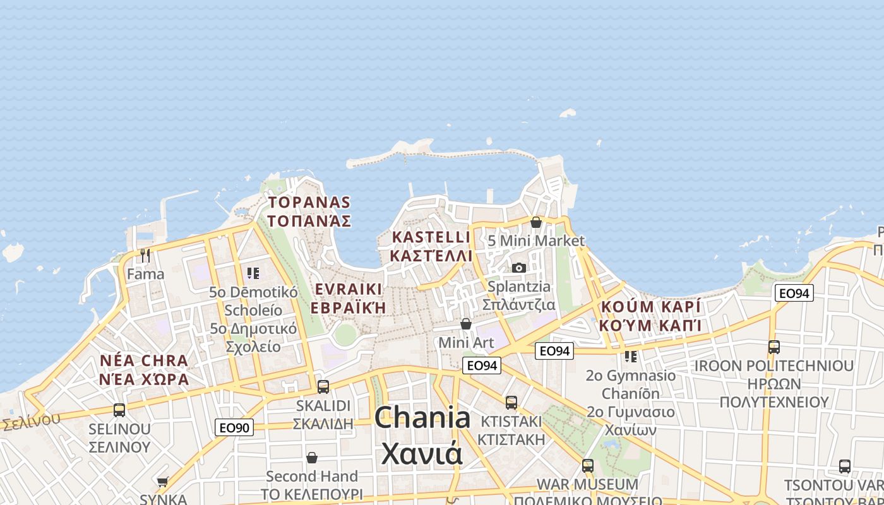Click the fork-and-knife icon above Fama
(x=145, y=256)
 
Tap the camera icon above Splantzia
(x=519, y=268)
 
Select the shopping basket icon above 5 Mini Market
(x=536, y=222)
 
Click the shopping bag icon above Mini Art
(x=466, y=324)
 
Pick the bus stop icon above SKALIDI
(x=323, y=386)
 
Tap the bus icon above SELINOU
(x=119, y=410)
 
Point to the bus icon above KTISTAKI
(x=511, y=402)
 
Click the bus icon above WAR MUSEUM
(x=588, y=466)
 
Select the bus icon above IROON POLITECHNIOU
(x=774, y=347)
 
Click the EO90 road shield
(x=234, y=427)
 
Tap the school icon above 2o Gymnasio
(x=630, y=357)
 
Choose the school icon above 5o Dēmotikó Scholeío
(x=253, y=273)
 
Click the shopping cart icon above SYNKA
(x=163, y=482)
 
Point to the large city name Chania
(x=422, y=418)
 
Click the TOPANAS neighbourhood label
(x=309, y=203)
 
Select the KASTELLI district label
(x=431, y=237)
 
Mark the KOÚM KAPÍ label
(x=651, y=307)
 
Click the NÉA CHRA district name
(x=144, y=361)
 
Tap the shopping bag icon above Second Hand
(x=312, y=457)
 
